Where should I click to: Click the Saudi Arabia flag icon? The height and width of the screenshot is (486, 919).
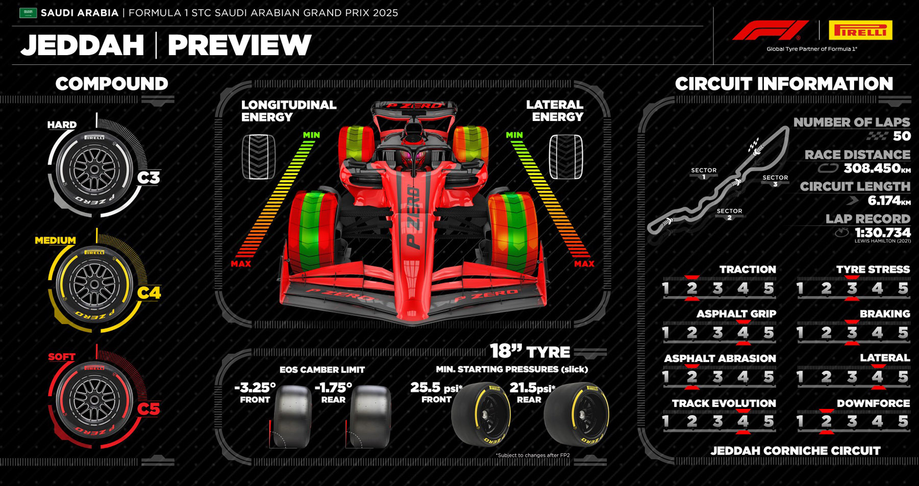pyautogui.click(x=28, y=13)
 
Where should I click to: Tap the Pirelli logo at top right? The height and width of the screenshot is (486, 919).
pyautogui.click(x=860, y=30)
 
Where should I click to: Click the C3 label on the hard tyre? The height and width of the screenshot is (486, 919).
pyautogui.click(x=148, y=178)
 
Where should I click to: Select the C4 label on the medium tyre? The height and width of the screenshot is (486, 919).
pyautogui.click(x=149, y=293)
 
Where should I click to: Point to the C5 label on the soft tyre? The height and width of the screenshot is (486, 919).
pyautogui.click(x=148, y=409)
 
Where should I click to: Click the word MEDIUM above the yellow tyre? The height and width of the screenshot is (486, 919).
pyautogui.click(x=55, y=240)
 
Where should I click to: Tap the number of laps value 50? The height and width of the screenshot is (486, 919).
pyautogui.click(x=902, y=136)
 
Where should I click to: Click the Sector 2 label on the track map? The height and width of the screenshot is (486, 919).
pyautogui.click(x=729, y=214)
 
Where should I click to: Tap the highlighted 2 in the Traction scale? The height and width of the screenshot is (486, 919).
pyautogui.click(x=692, y=288)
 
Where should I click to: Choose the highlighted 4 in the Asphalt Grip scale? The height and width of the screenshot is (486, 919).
pyautogui.click(x=743, y=333)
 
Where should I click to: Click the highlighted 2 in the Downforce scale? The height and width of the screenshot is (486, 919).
pyautogui.click(x=826, y=421)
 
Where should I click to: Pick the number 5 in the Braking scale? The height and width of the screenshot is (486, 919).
pyautogui.click(x=903, y=333)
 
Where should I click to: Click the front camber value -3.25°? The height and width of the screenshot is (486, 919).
pyautogui.click(x=255, y=387)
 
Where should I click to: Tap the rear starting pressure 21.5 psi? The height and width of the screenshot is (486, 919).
pyautogui.click(x=532, y=388)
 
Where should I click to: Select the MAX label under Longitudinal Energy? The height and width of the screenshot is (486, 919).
pyautogui.click(x=241, y=264)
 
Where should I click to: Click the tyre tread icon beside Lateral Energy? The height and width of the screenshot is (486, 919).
pyautogui.click(x=566, y=157)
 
